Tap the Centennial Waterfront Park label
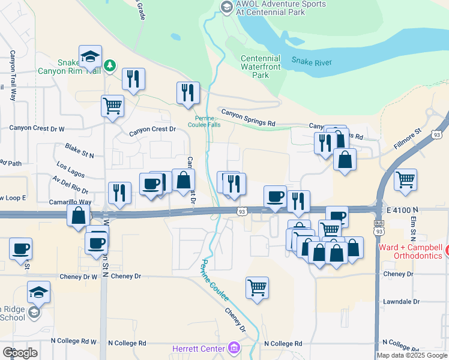pos(261,67)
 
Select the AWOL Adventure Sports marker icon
pos(226,7)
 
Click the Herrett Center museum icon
pos(234,348)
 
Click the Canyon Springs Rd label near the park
pos(248,118)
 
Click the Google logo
pos(20,353)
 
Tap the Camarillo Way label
pos(70,202)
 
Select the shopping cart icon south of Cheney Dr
pos(257,287)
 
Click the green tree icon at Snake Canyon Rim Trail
pos(110,65)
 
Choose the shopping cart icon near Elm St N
pos(406,179)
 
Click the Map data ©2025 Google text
pos(412,355)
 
